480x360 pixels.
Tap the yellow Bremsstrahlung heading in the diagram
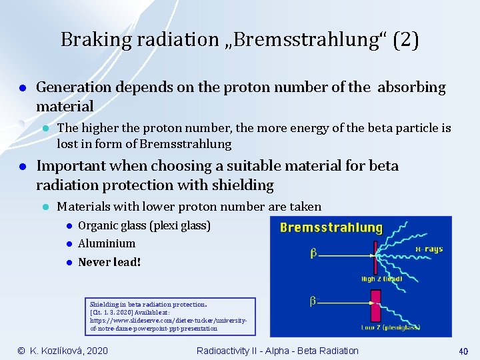point(331,228)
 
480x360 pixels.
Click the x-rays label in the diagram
point(429,249)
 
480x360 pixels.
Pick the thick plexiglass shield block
point(375,310)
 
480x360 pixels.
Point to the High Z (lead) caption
point(381,278)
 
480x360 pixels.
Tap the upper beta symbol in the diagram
point(312,253)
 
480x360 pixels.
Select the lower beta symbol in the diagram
point(312,301)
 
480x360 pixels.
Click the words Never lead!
point(109,262)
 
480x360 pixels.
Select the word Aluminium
point(107,243)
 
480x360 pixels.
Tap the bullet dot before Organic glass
point(68,226)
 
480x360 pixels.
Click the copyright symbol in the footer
point(21,351)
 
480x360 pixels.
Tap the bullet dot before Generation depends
point(22,88)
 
